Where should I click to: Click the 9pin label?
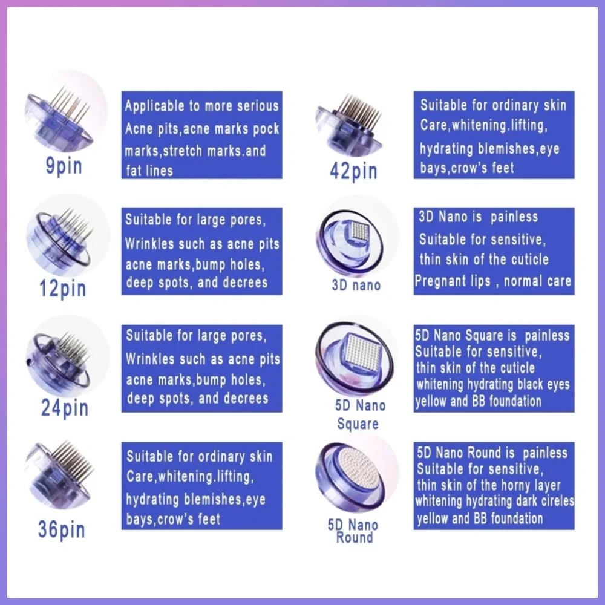(x=64, y=167)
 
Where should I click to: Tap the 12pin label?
(x=62, y=289)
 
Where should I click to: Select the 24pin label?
(x=65, y=408)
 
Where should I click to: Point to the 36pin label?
(x=61, y=529)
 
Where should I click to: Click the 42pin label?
(x=353, y=171)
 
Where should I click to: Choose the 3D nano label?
(x=356, y=286)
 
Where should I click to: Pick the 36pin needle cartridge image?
(x=60, y=474)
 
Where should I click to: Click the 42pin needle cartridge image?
(x=350, y=125)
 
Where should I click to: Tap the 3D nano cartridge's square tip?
(x=359, y=232)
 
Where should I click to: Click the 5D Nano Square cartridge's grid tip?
(x=362, y=352)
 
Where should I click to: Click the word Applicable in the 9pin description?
(x=155, y=106)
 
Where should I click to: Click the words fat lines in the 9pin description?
(x=149, y=171)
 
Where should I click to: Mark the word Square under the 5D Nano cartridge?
(x=358, y=424)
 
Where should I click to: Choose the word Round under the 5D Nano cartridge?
(x=354, y=537)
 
